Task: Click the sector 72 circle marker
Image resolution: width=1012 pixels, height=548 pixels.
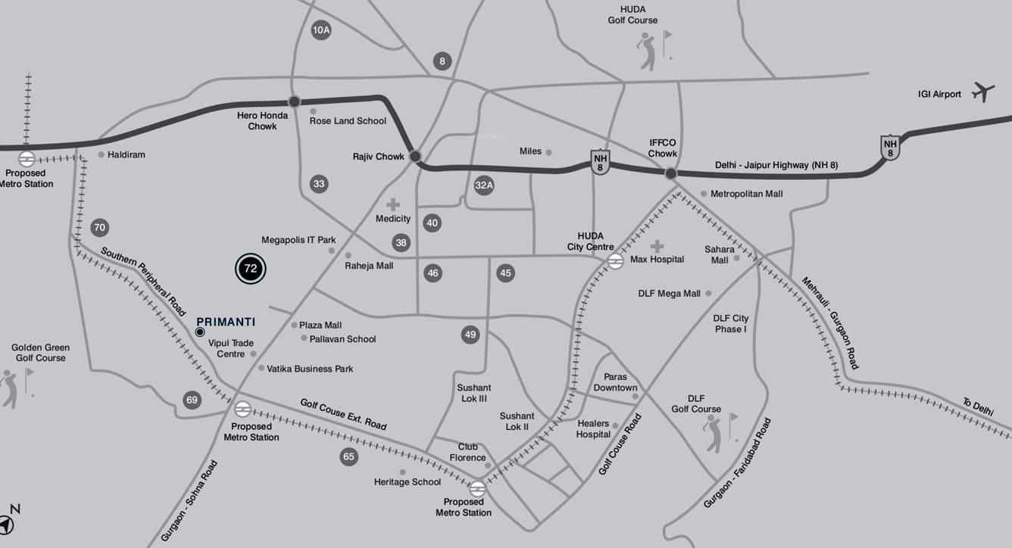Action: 251,269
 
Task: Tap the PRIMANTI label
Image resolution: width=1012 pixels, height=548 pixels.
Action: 226,322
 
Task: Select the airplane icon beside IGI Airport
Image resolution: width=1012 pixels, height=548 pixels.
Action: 983,92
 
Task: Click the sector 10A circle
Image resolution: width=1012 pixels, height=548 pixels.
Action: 321,30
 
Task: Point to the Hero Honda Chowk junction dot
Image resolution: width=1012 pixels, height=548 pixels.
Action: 294,101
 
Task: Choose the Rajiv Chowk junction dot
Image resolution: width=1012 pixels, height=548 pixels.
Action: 415,157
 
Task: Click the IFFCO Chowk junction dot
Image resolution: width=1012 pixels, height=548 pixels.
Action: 670,173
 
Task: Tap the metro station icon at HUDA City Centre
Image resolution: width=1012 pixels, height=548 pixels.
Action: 615,261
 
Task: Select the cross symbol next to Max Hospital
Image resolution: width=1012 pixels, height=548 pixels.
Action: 657,247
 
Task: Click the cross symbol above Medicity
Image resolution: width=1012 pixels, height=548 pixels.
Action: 393,204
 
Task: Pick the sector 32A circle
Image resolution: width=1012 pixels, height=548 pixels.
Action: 484,185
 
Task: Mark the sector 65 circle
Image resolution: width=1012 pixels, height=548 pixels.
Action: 348,456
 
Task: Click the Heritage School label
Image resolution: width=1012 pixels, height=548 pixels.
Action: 408,482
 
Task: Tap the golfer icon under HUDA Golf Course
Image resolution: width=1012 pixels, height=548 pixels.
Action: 648,49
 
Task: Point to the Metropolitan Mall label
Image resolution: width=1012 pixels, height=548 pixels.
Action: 746,194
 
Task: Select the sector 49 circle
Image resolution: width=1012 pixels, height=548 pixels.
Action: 470,335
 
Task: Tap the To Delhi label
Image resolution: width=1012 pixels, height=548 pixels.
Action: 977,407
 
